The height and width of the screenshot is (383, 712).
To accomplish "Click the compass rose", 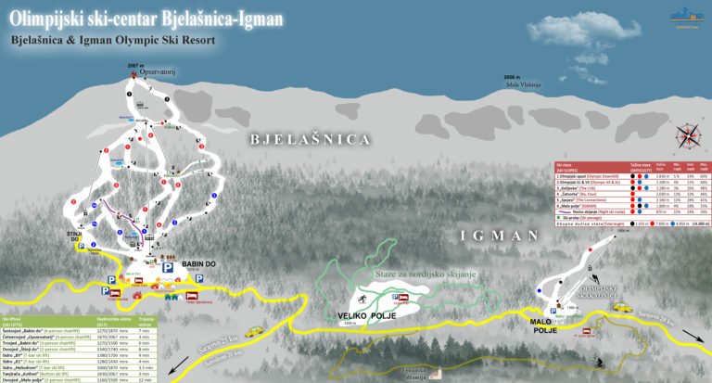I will pos(687,136).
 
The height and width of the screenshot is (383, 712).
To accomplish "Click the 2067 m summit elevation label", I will pos(136,65).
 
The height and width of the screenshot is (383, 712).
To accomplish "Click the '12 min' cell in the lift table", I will pos(144,380).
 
